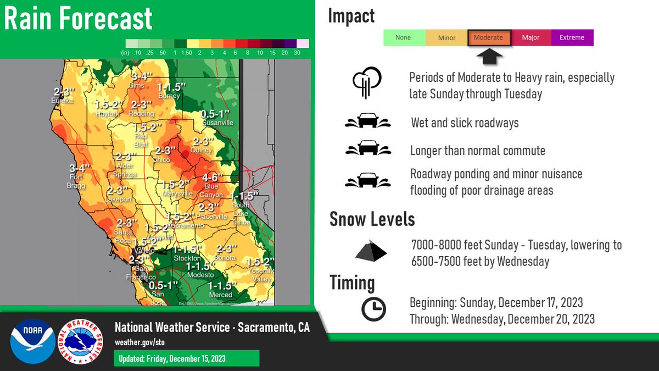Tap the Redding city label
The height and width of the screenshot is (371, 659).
141,113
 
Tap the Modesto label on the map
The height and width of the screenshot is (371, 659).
200,274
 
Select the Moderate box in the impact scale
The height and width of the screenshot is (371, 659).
489,38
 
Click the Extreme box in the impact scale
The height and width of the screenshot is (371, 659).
572,38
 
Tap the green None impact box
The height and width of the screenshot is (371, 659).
404,38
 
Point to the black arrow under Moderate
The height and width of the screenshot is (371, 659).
489,56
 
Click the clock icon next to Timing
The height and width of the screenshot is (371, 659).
373,309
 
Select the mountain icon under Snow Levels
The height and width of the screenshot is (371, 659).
371,251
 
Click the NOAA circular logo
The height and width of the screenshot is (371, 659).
32,341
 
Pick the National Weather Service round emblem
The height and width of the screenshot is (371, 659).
80,341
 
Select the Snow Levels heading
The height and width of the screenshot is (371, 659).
372,220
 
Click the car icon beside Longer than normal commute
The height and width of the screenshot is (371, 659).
368,149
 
